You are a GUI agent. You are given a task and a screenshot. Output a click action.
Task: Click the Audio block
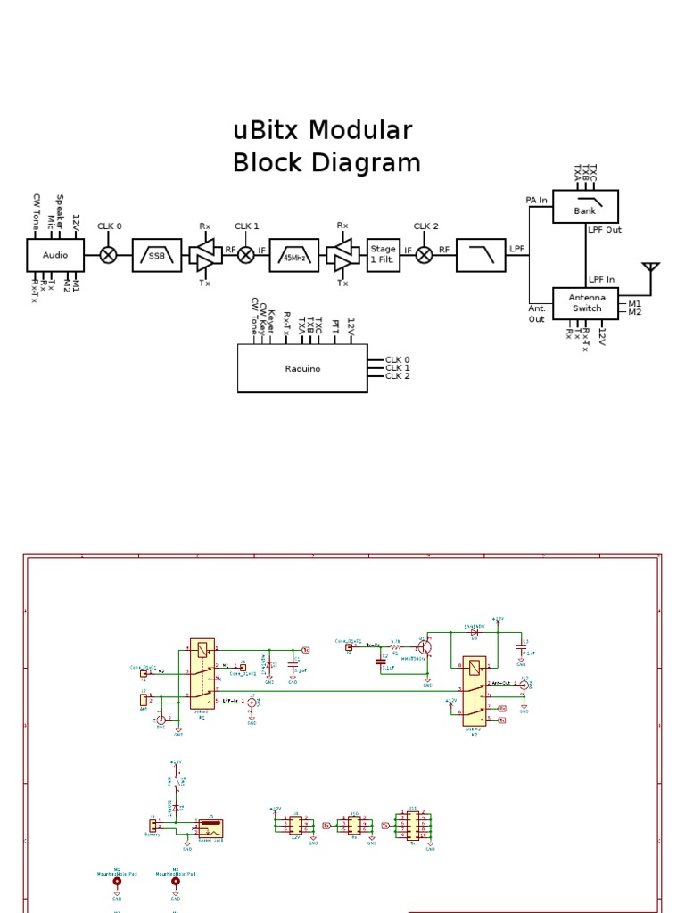(54, 254)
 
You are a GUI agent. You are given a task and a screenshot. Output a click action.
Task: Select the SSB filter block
(156, 255)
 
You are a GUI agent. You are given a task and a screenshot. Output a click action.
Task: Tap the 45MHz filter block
(293, 255)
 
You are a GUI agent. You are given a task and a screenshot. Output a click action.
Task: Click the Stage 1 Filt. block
(383, 254)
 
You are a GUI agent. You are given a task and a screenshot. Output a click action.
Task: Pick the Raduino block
(302, 367)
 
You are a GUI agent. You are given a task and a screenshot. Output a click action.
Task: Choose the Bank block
(585, 207)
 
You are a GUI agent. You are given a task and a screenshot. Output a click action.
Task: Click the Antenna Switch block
(586, 303)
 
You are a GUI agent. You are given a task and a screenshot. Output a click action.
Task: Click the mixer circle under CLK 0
(108, 255)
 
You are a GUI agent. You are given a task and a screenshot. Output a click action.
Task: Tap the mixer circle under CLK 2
(425, 255)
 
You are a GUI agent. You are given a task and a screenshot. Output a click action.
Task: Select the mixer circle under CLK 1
(246, 255)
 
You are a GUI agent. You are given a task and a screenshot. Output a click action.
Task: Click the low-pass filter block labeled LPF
(481, 255)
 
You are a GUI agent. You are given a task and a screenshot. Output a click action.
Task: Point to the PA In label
(536, 201)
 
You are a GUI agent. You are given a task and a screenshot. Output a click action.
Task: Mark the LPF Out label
(605, 230)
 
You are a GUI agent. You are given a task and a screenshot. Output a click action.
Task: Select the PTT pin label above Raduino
(335, 328)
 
